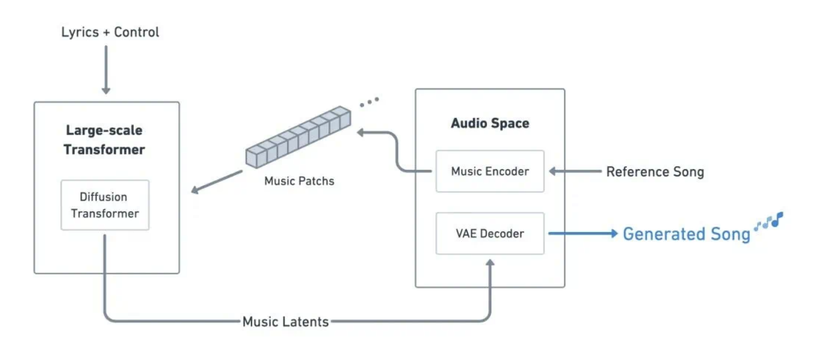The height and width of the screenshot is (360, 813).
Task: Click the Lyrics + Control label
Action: coord(110,32)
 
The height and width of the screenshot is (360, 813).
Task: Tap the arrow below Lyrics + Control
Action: coord(106,70)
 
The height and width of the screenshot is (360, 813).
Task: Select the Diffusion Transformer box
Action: coord(105,205)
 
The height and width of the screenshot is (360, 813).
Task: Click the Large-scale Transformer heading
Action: coord(104,140)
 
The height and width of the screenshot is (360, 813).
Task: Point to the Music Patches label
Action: coord(299,181)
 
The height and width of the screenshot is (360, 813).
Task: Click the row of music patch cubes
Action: coord(298,137)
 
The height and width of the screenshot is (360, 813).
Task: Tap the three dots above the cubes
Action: coord(370,102)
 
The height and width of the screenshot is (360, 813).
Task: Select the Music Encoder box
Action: coord(490,171)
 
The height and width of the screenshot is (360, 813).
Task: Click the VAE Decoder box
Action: coord(490,233)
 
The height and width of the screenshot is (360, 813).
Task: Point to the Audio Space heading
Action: coord(490,123)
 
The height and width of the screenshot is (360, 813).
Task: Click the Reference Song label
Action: coord(655,172)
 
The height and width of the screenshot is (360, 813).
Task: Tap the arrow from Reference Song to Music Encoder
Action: coord(576,171)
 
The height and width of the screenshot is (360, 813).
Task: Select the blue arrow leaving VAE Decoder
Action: coord(583,233)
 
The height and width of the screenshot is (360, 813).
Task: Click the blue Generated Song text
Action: coord(687,234)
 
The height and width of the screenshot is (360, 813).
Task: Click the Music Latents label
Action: coord(285,322)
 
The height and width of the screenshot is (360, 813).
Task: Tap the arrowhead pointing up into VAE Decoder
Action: coord(490,262)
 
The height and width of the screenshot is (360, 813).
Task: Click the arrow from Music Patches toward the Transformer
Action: coord(217,182)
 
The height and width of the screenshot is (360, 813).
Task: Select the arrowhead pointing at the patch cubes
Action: coord(360,133)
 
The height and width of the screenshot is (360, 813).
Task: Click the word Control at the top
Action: coord(136,32)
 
